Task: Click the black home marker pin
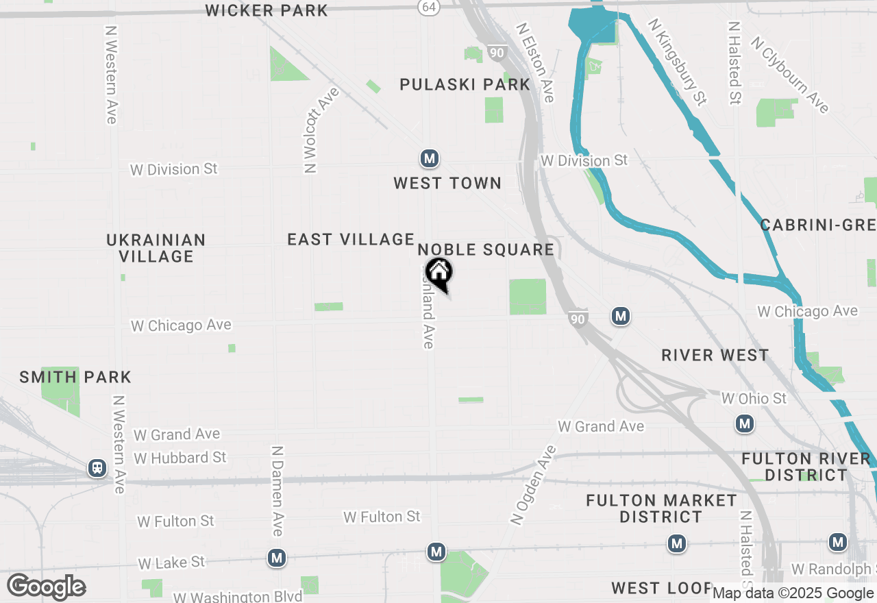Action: coord(439,273)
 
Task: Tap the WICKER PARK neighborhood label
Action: coord(267,10)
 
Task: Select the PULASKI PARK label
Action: coord(465,84)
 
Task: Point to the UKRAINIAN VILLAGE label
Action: coord(156,248)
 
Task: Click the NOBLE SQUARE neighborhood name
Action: coord(486,249)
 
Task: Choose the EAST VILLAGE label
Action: coord(351,239)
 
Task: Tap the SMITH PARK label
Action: coord(75,377)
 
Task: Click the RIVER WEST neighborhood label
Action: coord(715,355)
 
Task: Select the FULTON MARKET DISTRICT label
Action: coord(661,508)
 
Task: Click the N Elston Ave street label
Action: coord(535,63)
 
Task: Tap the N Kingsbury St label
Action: coord(676,62)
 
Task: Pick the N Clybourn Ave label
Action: coord(789,75)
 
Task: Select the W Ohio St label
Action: coord(754,398)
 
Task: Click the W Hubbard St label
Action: coord(180,457)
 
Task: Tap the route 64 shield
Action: coord(428,6)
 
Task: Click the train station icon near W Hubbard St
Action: coord(97,469)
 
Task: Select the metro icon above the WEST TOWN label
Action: coord(430,159)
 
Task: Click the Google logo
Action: coord(46,587)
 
